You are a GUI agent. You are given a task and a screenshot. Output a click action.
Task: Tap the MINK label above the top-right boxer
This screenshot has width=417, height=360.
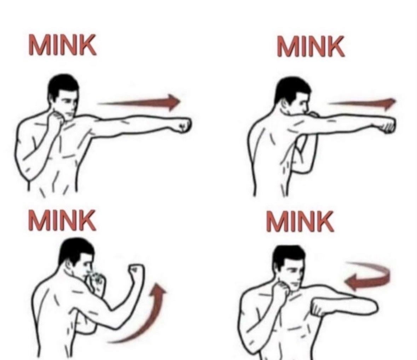tap(310, 47)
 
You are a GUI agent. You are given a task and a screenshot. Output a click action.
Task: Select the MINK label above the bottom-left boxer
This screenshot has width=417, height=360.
tap(62, 220)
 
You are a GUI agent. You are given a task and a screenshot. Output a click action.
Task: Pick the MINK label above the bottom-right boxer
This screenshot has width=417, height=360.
tap(300, 221)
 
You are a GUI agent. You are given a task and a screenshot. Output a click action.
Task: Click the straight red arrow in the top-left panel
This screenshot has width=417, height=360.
tap(139, 102)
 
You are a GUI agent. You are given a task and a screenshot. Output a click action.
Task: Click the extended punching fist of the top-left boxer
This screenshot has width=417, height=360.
tap(182, 125)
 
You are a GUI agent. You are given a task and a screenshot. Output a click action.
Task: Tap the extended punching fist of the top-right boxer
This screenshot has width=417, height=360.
tap(385, 124)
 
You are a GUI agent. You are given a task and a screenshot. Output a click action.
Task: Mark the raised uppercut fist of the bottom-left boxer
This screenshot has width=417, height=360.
tap(136, 273)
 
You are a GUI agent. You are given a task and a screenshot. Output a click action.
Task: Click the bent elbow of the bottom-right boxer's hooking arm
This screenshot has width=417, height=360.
tap(371, 307)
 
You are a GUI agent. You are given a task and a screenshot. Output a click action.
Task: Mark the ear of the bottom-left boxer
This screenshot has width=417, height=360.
tap(70, 265)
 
